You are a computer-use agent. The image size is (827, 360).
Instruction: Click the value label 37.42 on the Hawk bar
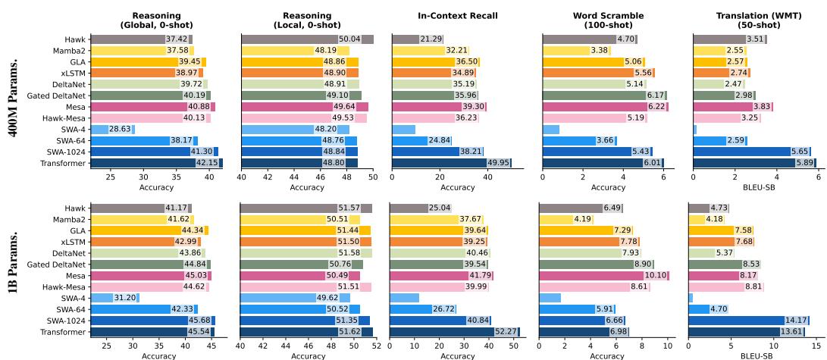(177, 39)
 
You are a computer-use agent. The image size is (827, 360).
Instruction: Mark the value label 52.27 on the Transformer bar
(506, 332)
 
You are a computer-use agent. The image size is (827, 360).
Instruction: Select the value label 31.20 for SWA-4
(125, 298)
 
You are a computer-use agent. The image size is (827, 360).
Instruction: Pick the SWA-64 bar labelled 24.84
(421, 140)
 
